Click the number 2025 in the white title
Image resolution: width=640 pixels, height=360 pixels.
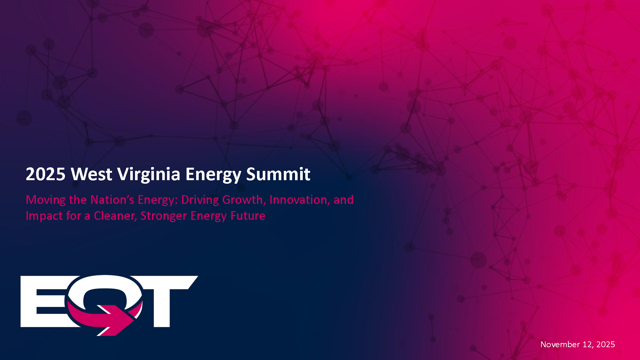(x=45, y=174)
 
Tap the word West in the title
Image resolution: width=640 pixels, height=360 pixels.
(x=92, y=174)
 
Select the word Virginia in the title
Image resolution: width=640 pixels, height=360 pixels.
(x=149, y=175)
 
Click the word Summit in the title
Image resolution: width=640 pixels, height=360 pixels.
(x=278, y=174)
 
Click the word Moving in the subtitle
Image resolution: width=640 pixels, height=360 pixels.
(x=46, y=200)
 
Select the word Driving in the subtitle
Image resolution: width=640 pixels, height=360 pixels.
(x=200, y=200)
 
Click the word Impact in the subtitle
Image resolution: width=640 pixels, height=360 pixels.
(x=44, y=216)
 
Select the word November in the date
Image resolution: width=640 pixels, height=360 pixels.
(x=560, y=344)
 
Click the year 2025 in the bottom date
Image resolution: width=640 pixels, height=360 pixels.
(x=605, y=344)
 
